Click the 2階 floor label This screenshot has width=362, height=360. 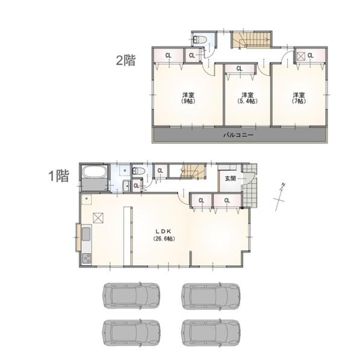click(125, 60)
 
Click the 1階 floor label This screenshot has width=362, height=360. click(59, 176)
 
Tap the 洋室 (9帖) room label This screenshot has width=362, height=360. click(188, 98)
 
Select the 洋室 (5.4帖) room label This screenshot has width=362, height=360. click(247, 98)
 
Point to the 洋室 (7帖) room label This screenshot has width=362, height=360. click(299, 98)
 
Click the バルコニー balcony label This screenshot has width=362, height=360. click(238, 134)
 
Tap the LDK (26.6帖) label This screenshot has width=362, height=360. click(164, 235)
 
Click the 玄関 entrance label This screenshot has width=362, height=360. click(230, 178)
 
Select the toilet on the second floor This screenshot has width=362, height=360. click(200, 40)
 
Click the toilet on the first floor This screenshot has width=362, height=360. click(139, 171)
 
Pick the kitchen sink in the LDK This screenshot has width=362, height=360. click(86, 234)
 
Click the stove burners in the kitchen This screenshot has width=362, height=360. click(87, 259)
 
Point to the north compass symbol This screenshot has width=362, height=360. click(281, 197)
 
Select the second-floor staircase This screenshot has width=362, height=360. click(251, 40)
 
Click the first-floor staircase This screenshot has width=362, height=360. click(193, 171)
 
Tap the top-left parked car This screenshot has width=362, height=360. click(131, 295)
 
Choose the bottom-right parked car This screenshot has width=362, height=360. click(211, 332)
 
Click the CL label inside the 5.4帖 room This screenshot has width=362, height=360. click(240, 69)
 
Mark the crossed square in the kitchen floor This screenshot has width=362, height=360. click(98, 218)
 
